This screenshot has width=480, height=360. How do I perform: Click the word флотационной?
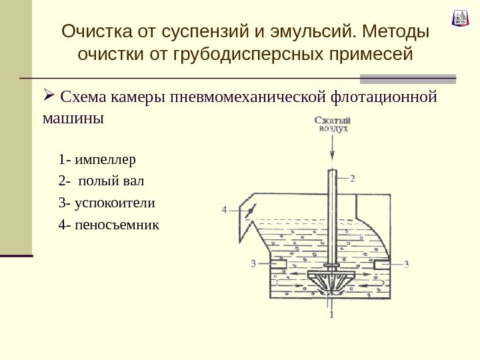385,99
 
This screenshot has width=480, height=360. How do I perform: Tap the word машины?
73,120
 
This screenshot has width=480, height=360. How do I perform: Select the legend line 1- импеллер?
97,160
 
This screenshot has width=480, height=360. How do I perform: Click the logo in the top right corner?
461,17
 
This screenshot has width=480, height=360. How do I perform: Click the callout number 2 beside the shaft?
353,178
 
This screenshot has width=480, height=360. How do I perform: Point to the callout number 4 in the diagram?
225,210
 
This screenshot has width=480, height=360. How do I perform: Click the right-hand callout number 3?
406,264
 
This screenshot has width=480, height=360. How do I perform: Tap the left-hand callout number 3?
253,264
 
